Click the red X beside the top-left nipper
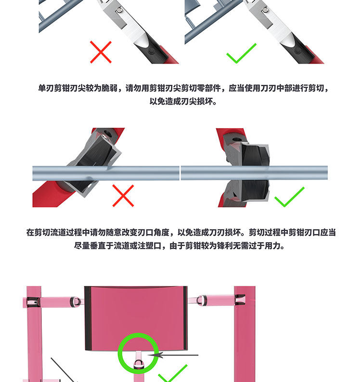(x=101, y=52)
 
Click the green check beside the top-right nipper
(x=241, y=53)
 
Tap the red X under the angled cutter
(x=123, y=196)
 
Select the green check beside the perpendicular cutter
(x=289, y=197)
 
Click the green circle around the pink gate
(x=138, y=334)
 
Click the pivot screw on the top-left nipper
(x=119, y=10)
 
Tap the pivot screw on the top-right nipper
(x=265, y=10)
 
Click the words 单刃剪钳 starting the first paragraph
(x=53, y=88)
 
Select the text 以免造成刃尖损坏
(x=181, y=101)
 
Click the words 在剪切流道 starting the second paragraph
(x=46, y=232)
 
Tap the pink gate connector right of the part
(x=216, y=300)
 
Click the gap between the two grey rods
(x=180, y=173)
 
